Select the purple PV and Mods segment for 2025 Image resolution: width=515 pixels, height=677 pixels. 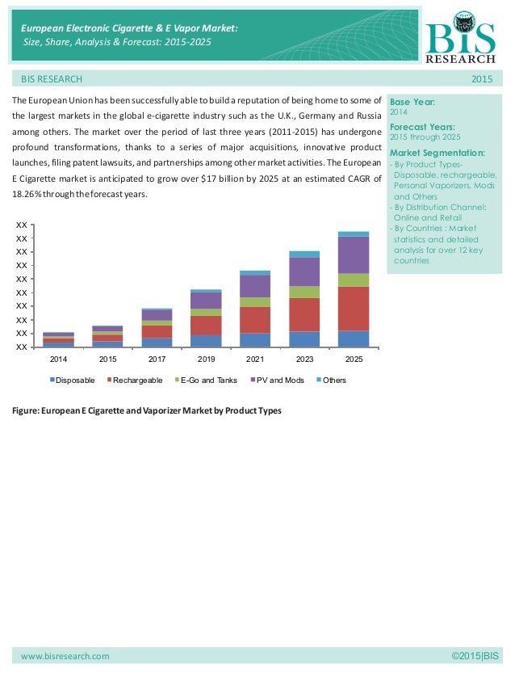(354, 254)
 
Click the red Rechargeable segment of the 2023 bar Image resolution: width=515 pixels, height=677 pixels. (304, 314)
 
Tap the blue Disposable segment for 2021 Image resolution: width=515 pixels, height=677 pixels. (255, 339)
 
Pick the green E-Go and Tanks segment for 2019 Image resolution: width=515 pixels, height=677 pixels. (206, 312)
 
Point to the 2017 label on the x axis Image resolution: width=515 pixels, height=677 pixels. (157, 358)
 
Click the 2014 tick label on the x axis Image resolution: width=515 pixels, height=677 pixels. (58, 358)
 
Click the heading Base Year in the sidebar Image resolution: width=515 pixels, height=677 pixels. (412, 103)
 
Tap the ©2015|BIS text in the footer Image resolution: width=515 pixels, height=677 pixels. (478, 656)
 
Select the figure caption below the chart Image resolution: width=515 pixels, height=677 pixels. (146, 411)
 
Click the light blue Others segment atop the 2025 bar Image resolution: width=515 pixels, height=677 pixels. (354, 233)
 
